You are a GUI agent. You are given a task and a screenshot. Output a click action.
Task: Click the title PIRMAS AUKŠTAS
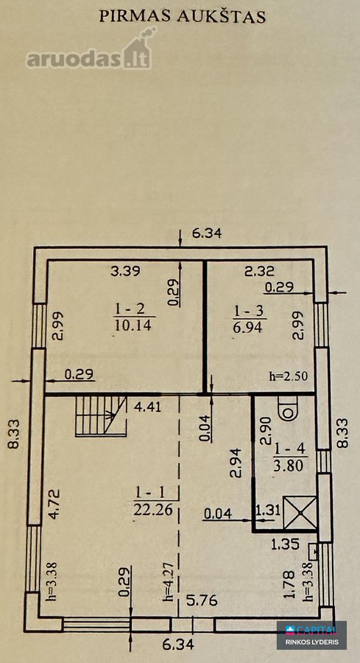(x=182, y=16)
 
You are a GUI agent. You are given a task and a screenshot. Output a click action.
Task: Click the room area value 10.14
(x=133, y=326)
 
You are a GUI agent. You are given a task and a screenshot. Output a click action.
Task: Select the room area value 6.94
(x=248, y=326)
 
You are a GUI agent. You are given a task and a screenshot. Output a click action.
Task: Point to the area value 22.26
(x=153, y=510)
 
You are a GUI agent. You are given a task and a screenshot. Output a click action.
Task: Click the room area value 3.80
(x=291, y=466)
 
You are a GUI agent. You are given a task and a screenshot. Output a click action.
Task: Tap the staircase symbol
(x=102, y=416)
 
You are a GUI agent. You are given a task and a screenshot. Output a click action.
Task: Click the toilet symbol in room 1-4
(x=289, y=407)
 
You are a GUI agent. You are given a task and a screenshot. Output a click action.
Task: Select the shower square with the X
(x=300, y=513)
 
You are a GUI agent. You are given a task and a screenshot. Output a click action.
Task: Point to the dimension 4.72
(x=54, y=504)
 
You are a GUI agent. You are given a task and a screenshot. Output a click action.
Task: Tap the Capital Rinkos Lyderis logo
(x=312, y=635)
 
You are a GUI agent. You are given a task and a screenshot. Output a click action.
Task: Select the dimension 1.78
(x=289, y=584)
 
